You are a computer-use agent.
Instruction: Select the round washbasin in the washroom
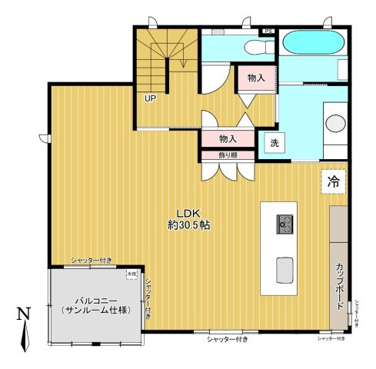335,123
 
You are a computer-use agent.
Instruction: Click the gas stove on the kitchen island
284,224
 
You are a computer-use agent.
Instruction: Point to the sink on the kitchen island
284,269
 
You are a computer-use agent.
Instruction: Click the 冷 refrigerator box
333,182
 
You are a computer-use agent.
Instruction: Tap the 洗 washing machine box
273,142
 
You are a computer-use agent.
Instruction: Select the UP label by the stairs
149,98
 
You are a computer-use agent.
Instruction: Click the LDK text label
188,213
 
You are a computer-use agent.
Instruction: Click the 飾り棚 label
227,155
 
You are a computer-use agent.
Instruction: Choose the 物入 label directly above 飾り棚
227,139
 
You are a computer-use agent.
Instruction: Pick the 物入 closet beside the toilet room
256,78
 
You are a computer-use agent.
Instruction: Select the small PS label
268,32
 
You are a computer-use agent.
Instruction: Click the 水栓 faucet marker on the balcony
131,273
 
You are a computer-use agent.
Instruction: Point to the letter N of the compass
24,314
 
